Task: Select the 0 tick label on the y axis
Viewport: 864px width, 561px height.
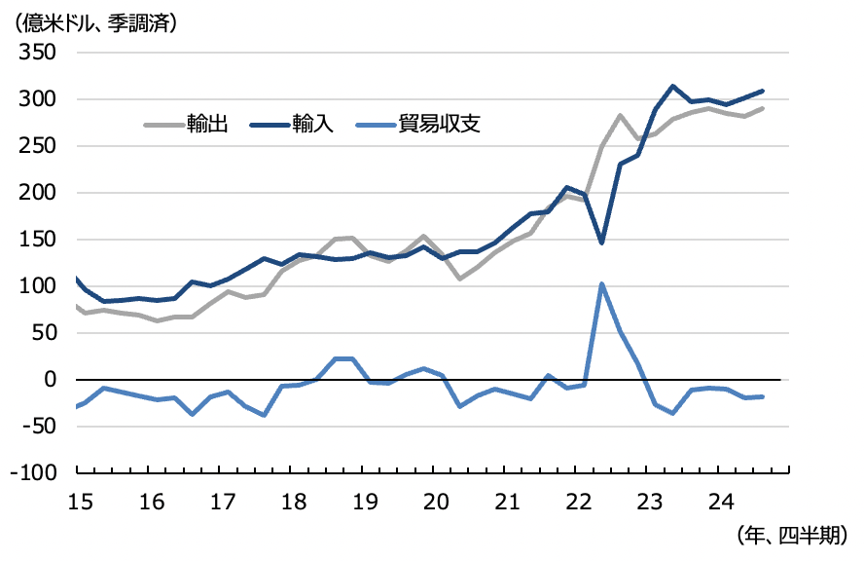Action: (48, 380)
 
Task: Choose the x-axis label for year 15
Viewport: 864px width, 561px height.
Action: (80, 502)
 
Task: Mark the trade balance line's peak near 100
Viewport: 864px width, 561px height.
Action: (602, 284)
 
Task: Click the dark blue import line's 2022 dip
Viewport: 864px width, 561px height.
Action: (602, 243)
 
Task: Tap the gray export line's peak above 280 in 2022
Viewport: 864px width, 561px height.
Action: (620, 116)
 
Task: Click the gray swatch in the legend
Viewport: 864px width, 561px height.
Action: (162, 125)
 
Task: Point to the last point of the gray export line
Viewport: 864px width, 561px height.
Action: (763, 108)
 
